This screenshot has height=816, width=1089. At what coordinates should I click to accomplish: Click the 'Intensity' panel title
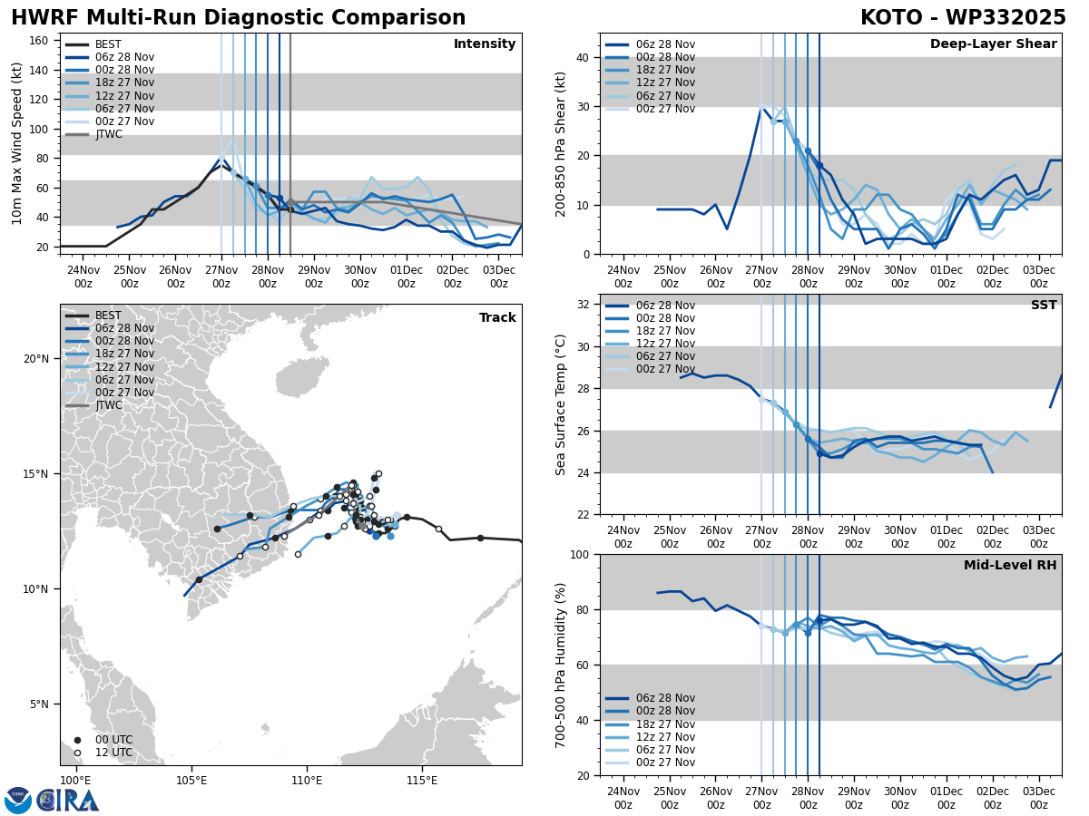click(485, 44)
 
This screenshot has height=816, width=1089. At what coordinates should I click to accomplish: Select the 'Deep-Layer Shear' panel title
click(993, 44)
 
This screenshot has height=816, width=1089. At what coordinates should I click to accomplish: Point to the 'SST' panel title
click(1044, 306)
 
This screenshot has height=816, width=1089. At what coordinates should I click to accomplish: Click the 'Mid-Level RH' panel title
click(1010, 566)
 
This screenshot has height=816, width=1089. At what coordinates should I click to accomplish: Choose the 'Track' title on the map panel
click(497, 318)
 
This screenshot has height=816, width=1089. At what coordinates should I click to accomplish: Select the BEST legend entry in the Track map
click(108, 316)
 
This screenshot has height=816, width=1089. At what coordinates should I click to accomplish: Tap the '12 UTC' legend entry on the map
click(113, 753)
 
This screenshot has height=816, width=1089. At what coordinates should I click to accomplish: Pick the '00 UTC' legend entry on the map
click(113, 740)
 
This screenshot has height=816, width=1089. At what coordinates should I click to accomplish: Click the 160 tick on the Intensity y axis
click(40, 40)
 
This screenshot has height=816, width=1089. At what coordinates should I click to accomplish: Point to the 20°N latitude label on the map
click(36, 358)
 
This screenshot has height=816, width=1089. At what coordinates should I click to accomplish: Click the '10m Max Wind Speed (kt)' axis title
click(17, 143)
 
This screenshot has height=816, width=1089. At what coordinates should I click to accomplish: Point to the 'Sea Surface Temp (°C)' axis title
click(561, 404)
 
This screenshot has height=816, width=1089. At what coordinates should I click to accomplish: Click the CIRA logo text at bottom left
click(68, 800)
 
